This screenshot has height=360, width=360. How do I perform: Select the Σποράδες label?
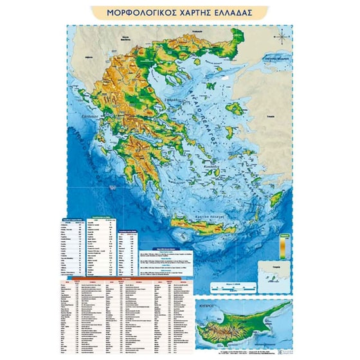click(x=172, y=101)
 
